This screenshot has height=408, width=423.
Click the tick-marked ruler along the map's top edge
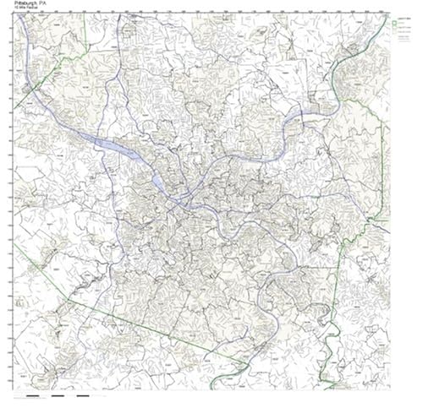click(x=203, y=14)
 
